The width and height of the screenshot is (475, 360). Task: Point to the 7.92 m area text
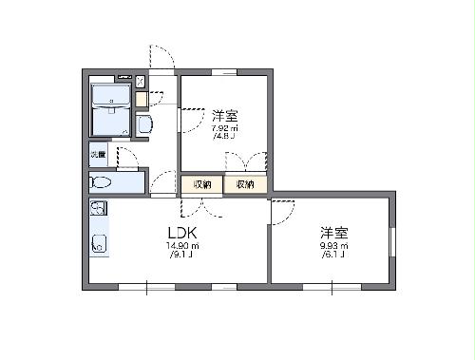click(224, 127)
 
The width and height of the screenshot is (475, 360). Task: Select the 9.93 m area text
click(332, 246)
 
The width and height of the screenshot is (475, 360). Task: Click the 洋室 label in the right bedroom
click(332, 232)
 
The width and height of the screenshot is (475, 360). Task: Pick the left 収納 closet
click(202, 184)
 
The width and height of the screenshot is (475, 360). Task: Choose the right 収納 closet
click(245, 184)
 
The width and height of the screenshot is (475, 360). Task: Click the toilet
click(103, 181)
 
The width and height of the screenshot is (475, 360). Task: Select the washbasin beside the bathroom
click(142, 124)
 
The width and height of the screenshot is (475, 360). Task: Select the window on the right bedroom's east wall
click(392, 242)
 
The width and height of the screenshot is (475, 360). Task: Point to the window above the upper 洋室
click(224, 71)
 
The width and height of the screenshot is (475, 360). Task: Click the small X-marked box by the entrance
click(141, 81)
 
